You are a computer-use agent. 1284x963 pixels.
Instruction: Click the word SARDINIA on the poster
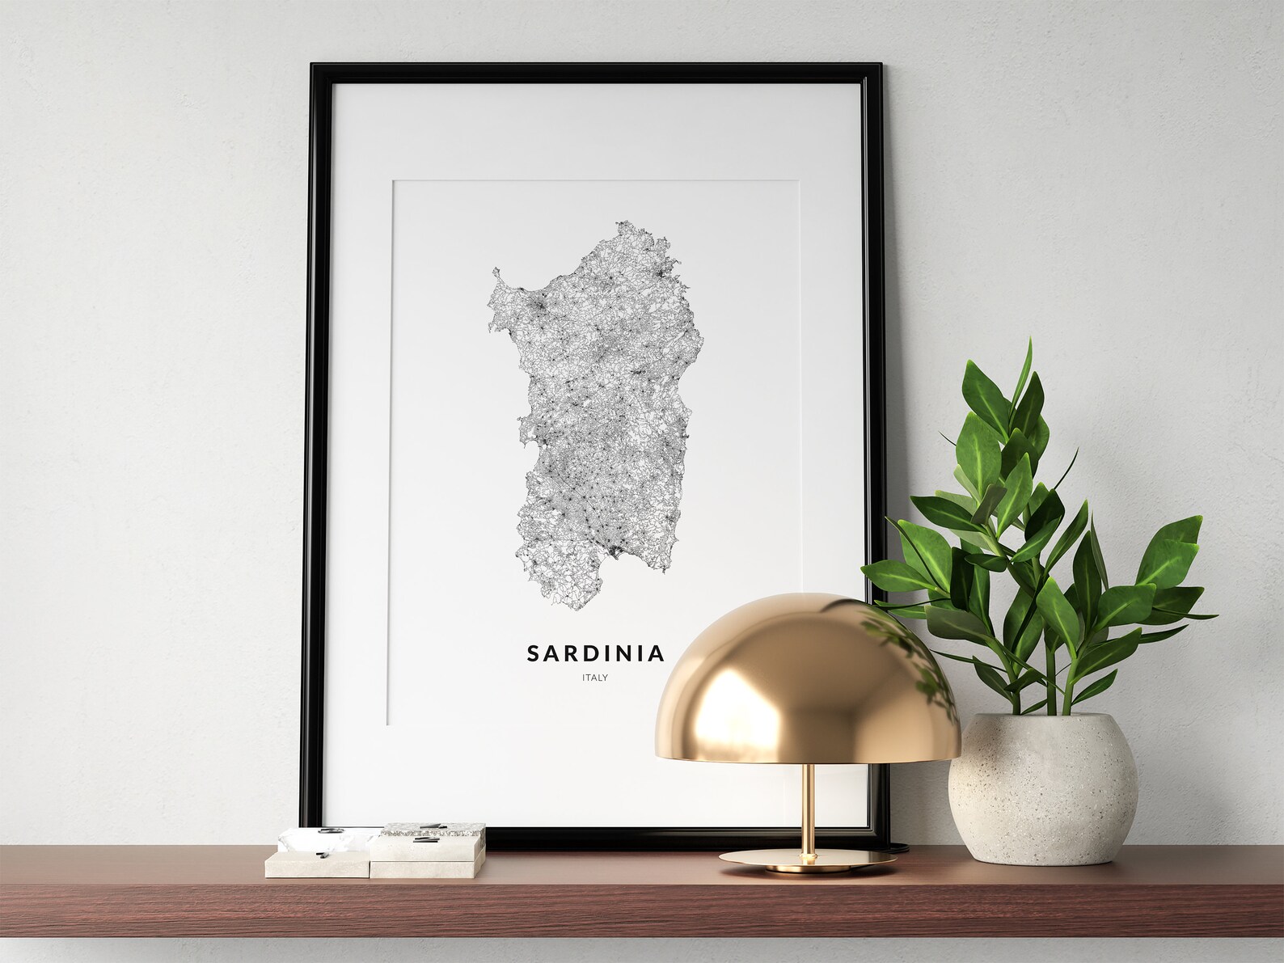coord(595,653)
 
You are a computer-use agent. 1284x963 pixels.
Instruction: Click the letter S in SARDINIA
coord(534,653)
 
